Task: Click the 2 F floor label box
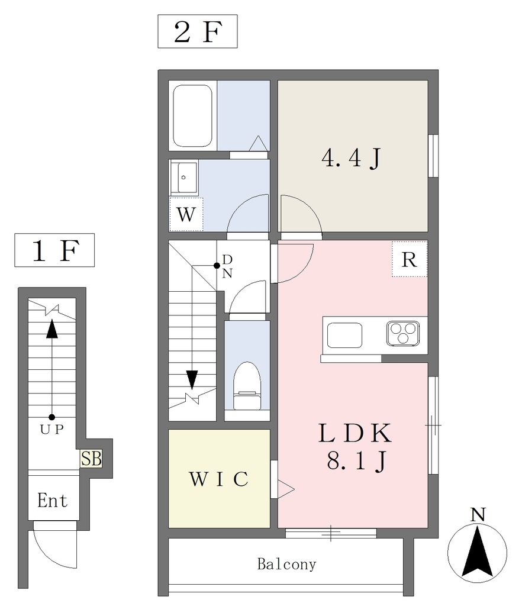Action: pyautogui.click(x=198, y=31)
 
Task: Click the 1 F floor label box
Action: pyautogui.click(x=54, y=250)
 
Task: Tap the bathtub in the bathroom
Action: pyautogui.click(x=192, y=115)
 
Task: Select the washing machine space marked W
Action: pyautogui.click(x=186, y=214)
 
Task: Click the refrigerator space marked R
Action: pyautogui.click(x=410, y=259)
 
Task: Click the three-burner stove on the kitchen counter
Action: pyautogui.click(x=403, y=333)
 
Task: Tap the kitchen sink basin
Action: pyautogui.click(x=344, y=335)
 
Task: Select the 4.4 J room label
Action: pyautogui.click(x=351, y=157)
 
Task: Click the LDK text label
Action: pyautogui.click(x=355, y=433)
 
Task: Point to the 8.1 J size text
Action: pyautogui.click(x=356, y=460)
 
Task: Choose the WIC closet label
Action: pyautogui.click(x=219, y=479)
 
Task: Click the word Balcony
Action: pyautogui.click(x=286, y=565)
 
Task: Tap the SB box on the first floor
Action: pyautogui.click(x=91, y=459)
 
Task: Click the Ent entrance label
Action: pyautogui.click(x=53, y=501)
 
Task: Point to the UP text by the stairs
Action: pyautogui.click(x=52, y=430)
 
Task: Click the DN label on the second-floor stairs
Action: pyautogui.click(x=227, y=266)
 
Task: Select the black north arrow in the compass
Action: pyautogui.click(x=478, y=552)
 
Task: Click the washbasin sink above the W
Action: pyautogui.click(x=184, y=178)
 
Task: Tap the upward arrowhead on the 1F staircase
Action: pyautogui.click(x=51, y=328)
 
